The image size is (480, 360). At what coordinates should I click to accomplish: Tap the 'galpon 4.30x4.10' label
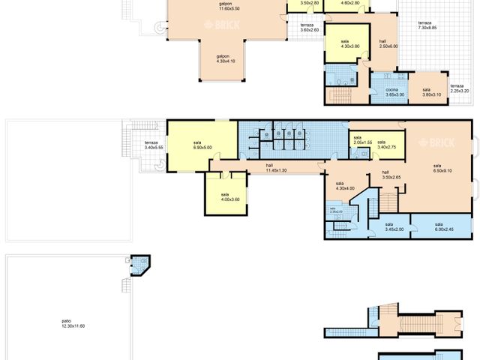point(223,58)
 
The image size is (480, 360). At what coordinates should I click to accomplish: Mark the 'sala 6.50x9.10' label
point(437,168)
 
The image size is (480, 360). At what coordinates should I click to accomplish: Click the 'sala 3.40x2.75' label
point(382,144)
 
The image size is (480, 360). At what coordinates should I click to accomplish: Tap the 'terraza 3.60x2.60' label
point(308,28)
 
